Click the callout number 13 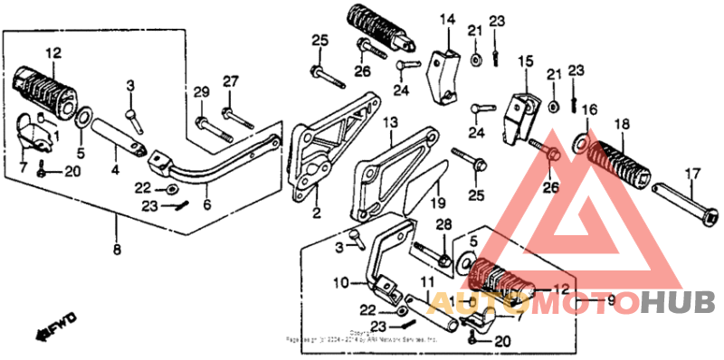tap(389, 122)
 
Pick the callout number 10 tap(339, 283)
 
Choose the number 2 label tap(316, 214)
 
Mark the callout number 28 tap(443, 224)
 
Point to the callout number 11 tap(425, 282)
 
